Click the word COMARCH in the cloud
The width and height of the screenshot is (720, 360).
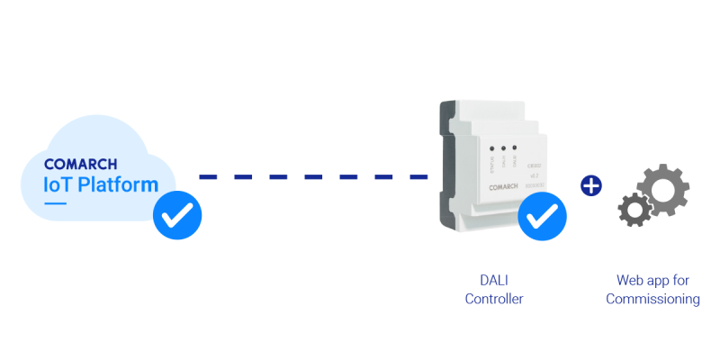80,165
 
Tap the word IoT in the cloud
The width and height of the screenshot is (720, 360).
61,184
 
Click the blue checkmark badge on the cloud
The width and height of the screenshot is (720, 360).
177,215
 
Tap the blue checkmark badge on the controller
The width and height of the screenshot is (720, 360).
543,217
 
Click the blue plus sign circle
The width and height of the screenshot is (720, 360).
591,186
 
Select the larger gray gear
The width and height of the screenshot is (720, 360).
663,188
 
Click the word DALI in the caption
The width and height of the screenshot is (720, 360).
493,281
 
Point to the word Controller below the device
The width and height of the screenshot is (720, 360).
494,299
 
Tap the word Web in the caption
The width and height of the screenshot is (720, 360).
630,281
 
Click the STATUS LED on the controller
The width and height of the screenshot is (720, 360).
491,148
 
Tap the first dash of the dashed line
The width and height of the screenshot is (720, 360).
210,176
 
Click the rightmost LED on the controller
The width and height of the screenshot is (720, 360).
514,147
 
